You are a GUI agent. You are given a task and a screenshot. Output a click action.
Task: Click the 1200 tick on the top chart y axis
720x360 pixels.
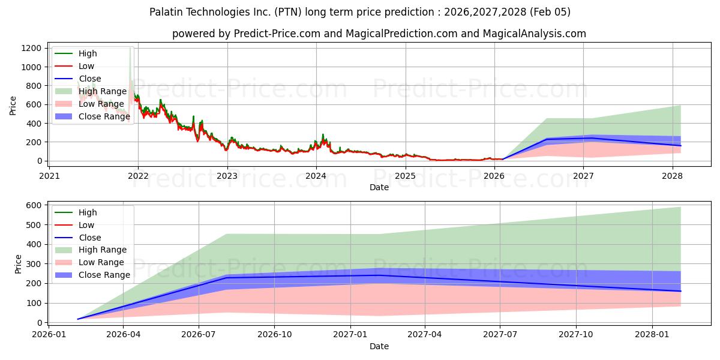pos(33,48)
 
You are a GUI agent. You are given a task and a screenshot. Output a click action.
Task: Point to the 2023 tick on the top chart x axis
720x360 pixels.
pos(227,176)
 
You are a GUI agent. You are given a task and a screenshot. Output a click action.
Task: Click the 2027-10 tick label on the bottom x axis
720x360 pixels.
pos(576,335)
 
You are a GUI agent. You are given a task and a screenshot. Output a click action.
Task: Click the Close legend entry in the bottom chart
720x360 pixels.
pos(90,238)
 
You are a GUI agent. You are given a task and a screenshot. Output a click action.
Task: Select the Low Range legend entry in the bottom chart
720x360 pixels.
pos(103,262)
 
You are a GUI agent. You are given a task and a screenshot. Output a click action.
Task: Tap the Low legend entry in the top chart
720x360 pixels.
pos(86,66)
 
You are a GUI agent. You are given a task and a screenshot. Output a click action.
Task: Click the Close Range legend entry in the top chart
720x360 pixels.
pos(104,116)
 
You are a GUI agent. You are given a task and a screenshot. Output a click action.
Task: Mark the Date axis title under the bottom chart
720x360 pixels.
pos(379,346)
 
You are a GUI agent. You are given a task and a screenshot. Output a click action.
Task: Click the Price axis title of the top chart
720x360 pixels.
pos(13,105)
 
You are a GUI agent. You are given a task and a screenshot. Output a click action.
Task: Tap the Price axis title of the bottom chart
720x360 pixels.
pos(19,264)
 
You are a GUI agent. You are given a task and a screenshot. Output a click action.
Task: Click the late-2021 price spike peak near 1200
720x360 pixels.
pos(130,49)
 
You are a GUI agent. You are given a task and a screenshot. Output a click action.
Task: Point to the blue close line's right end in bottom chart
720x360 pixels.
pos(680,291)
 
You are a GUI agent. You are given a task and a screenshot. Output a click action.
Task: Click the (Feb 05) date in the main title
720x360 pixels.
pos(550,12)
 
